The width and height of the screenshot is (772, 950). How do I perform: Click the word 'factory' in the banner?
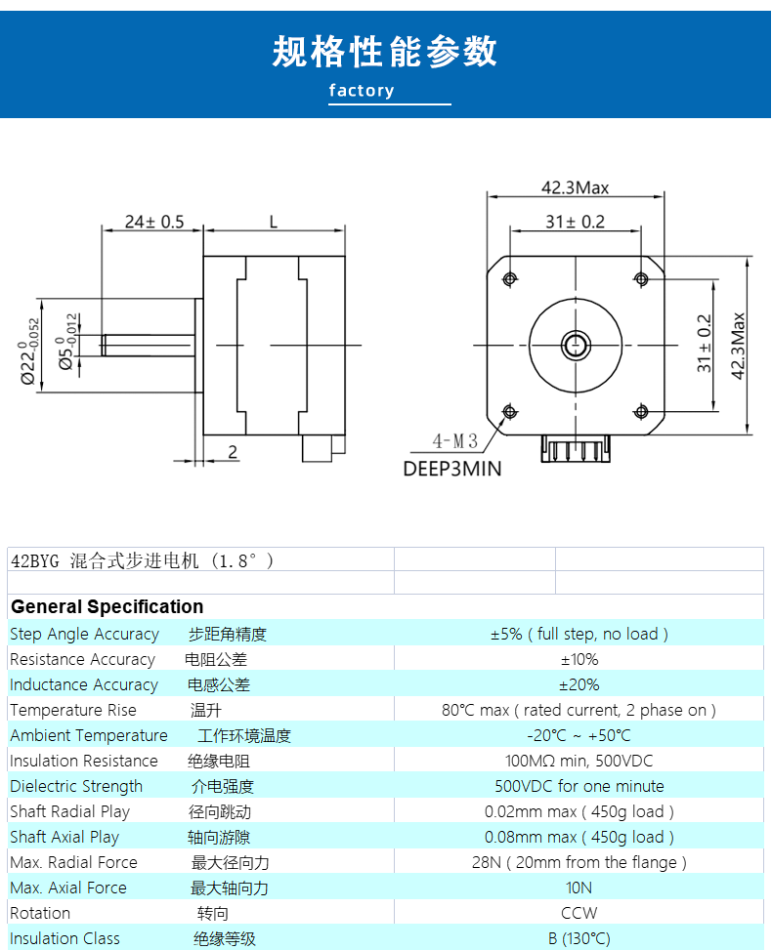pos(362,90)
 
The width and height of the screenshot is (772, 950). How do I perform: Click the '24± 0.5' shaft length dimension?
pos(154,222)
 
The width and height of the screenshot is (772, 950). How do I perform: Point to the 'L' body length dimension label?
pos(274,222)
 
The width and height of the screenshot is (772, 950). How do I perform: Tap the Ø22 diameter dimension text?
pos(28,351)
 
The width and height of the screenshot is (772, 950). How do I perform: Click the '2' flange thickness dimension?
pos(233,451)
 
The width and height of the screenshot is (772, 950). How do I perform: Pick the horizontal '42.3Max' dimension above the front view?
pos(575,187)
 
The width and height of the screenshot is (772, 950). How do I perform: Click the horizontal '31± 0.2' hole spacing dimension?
pos(575,222)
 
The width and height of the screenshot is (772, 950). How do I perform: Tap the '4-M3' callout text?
pos(454,441)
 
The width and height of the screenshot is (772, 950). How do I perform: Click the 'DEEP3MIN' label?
pos(452,469)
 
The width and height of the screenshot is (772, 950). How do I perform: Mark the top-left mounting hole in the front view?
pos(510,278)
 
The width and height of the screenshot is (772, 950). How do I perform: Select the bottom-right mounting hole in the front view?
pos(641,412)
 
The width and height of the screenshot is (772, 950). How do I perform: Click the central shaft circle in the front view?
pos(576,346)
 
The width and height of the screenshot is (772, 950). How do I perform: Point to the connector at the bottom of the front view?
pos(576,449)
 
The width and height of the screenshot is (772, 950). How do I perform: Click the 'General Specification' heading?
pos(107,606)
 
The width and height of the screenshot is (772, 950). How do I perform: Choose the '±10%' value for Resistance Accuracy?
pos(579,659)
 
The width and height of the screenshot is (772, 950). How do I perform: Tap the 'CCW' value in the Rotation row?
pos(579,913)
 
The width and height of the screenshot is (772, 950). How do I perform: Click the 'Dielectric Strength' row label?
pos(76,786)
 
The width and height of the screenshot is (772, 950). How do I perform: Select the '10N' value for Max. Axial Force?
pos(579,888)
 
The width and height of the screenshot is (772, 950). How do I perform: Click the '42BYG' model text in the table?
pos(35,561)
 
